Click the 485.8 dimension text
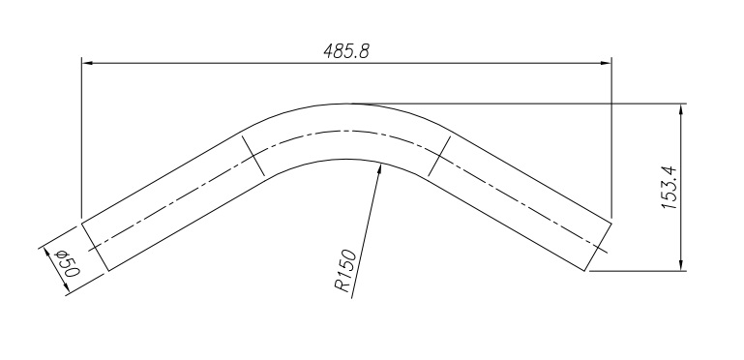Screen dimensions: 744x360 [346, 50]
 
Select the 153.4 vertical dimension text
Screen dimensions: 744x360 [670, 189]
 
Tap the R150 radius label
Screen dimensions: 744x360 [345, 270]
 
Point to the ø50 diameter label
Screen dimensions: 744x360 [68, 264]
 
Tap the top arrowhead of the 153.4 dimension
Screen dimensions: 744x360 [681, 109]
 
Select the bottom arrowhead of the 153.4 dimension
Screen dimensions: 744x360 [681, 264]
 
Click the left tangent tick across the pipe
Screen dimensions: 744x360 [253, 156]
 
